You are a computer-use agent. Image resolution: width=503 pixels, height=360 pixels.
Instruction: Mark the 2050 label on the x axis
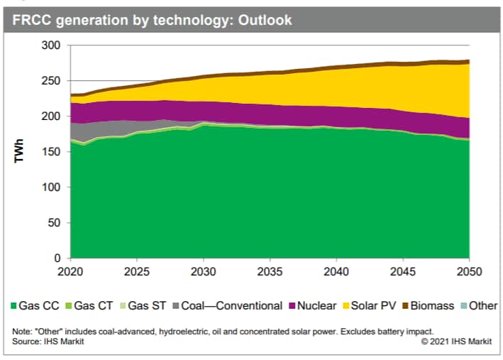(468, 272)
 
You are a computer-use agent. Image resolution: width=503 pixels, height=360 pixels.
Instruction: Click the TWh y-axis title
(21, 152)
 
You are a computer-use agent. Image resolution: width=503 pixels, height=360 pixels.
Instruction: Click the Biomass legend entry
(431, 306)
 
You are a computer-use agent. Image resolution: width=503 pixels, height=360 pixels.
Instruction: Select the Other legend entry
(482, 306)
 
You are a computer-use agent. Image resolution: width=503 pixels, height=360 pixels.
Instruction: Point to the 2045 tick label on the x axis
(402, 272)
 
